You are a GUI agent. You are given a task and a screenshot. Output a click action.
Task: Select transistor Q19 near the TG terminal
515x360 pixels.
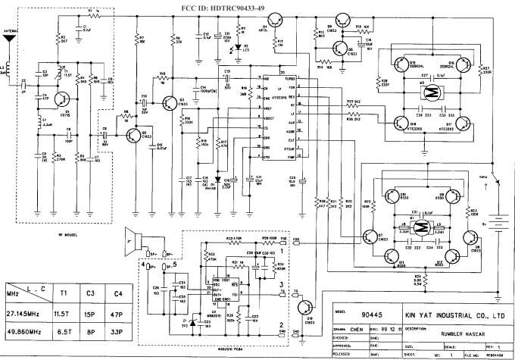coord(304,305)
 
